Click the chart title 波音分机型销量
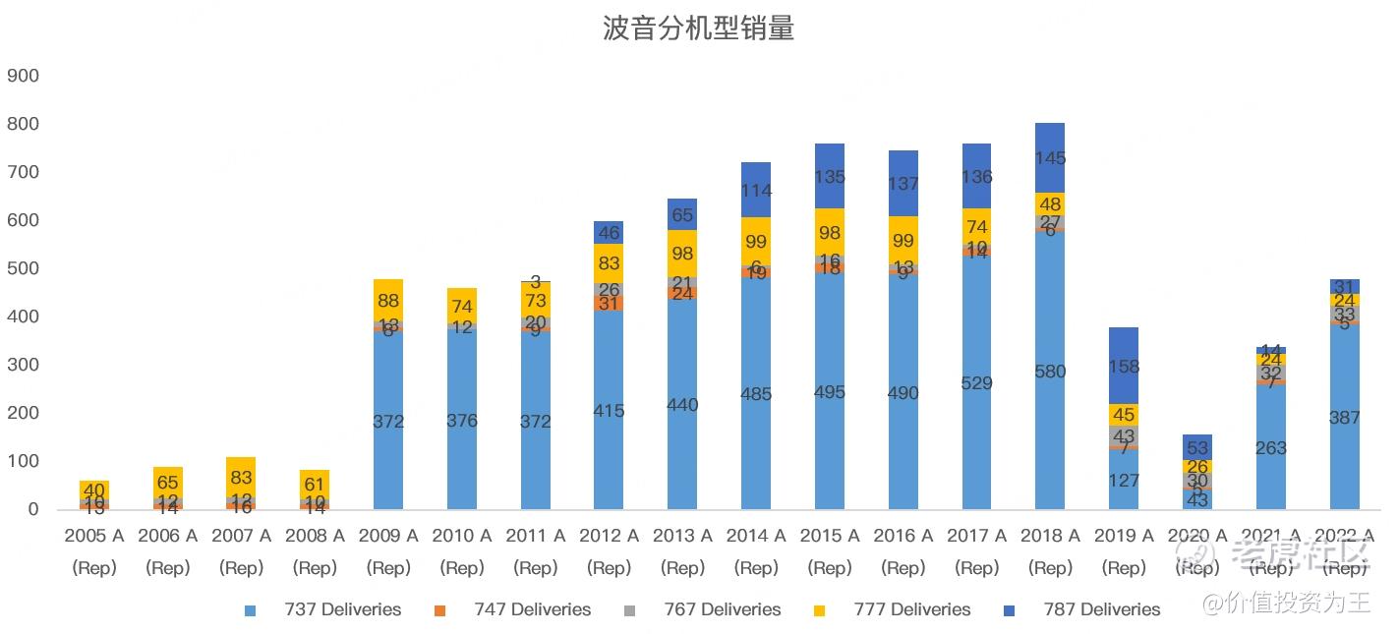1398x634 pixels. pos(698,29)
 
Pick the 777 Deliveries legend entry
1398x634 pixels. pos(899,609)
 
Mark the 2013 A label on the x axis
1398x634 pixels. pos(682,536)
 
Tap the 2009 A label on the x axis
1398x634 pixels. pos(388,536)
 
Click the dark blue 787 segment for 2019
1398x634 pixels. pos(1124,366)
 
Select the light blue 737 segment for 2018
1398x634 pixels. pos(1050,413)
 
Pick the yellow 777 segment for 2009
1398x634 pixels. pos(388,301)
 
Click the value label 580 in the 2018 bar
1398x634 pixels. pos(1050,372)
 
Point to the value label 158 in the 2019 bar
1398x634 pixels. pos(1124,367)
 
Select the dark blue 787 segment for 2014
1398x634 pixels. pos(756,190)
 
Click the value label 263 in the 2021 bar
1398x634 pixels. pos(1271,448)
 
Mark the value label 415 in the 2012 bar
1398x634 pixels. pos(609,411)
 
